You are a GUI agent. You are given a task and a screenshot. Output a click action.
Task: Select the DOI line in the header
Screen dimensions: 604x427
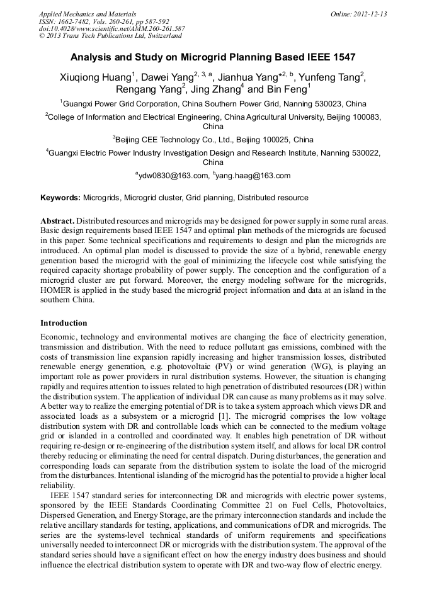[111, 28]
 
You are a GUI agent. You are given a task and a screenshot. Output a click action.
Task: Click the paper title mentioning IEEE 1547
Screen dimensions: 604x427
[213, 57]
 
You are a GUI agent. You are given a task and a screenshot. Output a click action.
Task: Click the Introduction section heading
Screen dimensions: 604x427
[64, 323]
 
